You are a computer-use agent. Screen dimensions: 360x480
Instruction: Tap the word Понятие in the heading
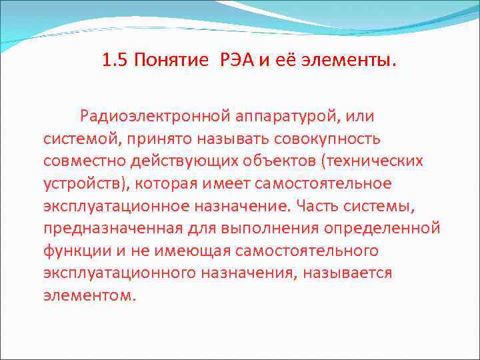tap(171, 61)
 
